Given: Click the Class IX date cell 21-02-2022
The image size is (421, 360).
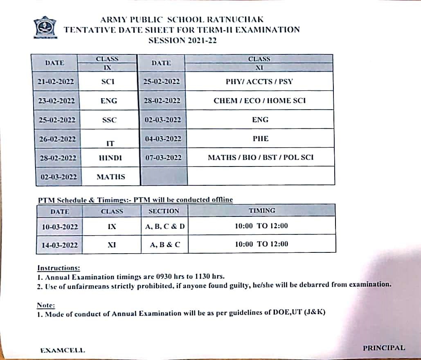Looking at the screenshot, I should (x=56, y=81).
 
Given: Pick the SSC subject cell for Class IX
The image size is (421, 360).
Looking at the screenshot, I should (x=108, y=120).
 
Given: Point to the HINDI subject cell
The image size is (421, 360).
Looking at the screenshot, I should (x=110, y=158).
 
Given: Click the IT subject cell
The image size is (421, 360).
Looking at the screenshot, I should (x=110, y=143).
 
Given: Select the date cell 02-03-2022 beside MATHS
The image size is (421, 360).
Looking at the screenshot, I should (x=59, y=177).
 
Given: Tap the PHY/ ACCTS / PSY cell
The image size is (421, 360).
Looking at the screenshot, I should (x=259, y=81).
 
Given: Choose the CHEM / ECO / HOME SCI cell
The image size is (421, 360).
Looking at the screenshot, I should (x=259, y=100).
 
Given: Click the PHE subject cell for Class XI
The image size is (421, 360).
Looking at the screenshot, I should (x=261, y=139).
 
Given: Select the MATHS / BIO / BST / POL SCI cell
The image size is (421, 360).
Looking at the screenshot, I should (x=261, y=157).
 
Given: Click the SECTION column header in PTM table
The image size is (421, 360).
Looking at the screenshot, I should (x=164, y=211).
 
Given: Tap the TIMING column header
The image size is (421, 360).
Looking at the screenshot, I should (x=262, y=211).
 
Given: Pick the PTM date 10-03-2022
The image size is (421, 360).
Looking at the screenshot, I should (x=60, y=226).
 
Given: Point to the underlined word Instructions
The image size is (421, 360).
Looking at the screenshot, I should (x=58, y=268).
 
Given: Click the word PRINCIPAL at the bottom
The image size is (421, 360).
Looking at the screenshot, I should (x=384, y=348).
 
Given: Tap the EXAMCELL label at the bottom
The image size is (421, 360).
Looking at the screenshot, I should (x=63, y=350).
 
